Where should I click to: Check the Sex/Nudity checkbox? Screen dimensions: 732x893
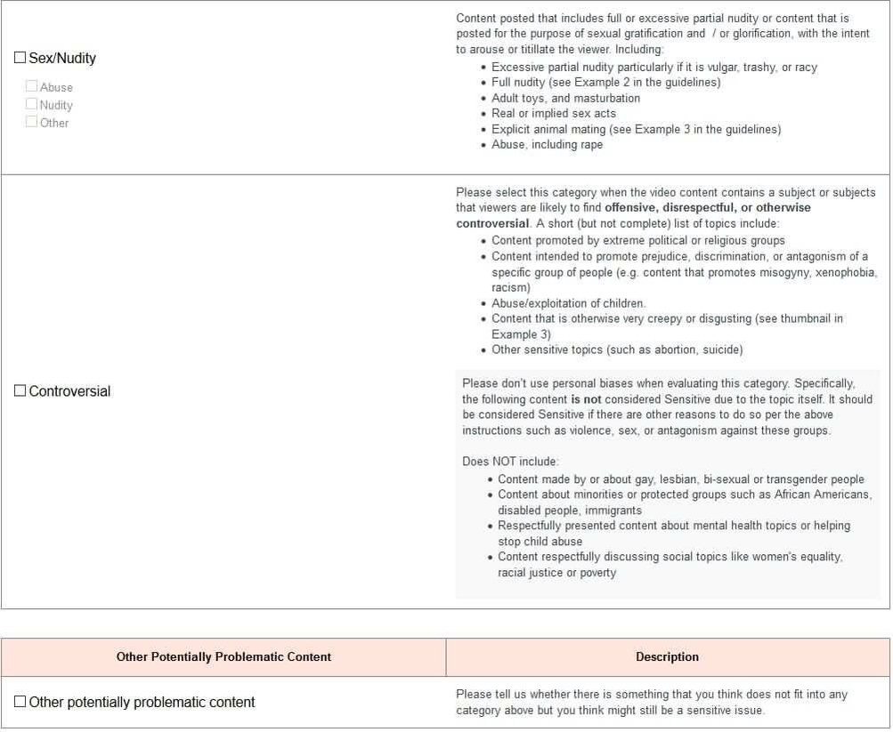coord(20,58)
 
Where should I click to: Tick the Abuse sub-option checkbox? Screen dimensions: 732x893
coord(32,86)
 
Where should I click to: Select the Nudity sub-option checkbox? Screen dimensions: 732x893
coord(32,104)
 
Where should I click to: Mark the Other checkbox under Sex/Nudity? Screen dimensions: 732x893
coord(32,122)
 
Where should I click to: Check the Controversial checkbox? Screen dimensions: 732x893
coord(20,391)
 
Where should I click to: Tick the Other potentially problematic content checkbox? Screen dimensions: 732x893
coord(20,702)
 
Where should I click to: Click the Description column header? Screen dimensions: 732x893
coord(667,657)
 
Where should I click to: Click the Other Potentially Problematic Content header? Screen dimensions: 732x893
coord(223,657)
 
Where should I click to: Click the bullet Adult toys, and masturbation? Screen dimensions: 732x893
coord(565,98)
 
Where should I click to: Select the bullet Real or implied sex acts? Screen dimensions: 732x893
coord(553,114)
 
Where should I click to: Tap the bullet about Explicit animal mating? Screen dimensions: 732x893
coord(636,129)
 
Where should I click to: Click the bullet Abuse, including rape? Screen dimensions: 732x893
coord(547,145)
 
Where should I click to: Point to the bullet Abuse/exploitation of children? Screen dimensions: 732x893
coord(568,303)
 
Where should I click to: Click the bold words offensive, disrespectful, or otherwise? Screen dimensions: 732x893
coord(708,208)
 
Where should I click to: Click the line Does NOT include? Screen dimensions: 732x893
coord(510,462)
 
